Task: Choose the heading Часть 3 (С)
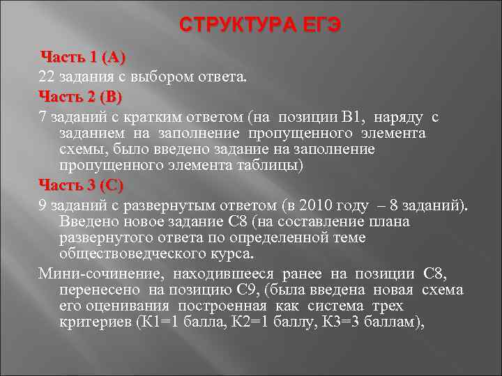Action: pos(81,186)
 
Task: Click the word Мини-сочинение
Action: pos(86,272)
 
